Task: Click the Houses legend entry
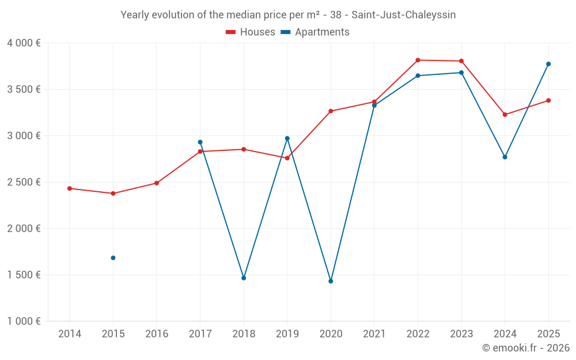tap(251, 32)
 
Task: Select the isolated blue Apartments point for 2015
tap(113, 258)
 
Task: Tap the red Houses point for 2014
tap(70, 188)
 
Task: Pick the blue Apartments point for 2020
tap(331, 281)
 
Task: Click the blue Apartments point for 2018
tap(244, 278)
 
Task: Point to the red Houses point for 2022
tap(418, 60)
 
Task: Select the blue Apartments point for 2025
tap(548, 64)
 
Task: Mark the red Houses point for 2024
tap(505, 115)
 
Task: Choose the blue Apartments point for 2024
tap(505, 157)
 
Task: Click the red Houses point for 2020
tap(331, 111)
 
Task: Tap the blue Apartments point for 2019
tap(287, 138)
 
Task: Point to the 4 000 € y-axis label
tap(24, 43)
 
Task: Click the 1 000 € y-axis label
tap(24, 321)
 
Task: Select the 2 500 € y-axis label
tap(24, 182)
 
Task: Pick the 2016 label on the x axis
tap(157, 334)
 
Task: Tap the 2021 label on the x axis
tap(374, 334)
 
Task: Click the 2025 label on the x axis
tap(548, 334)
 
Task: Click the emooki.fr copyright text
tap(525, 348)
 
